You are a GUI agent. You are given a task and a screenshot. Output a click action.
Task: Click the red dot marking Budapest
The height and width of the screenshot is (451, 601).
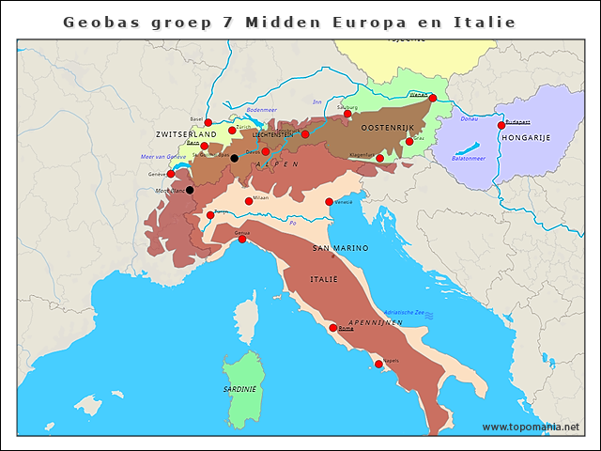point(501,125)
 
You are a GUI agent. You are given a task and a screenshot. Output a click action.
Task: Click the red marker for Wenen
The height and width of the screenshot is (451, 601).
point(432,98)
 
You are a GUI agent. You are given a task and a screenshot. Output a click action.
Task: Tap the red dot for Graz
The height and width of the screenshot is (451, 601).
point(409,142)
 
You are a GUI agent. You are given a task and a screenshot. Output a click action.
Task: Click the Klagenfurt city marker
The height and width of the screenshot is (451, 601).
point(379,158)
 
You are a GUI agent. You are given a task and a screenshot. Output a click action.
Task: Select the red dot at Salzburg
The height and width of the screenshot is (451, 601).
point(347,114)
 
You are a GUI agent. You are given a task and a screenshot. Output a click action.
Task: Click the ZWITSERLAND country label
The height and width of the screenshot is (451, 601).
point(186,134)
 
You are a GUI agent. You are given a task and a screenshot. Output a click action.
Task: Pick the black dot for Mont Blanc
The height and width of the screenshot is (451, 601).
point(190,190)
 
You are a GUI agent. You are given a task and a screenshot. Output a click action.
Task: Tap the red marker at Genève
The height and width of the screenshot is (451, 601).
point(171,174)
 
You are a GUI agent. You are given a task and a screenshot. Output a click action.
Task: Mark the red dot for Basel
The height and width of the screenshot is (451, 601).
point(208,122)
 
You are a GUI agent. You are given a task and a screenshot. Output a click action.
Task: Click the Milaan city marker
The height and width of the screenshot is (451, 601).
point(249,201)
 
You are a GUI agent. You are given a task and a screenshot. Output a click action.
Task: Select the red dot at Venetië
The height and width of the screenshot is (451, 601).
point(329,202)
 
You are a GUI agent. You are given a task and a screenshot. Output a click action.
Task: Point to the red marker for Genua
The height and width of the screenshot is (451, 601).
point(242,239)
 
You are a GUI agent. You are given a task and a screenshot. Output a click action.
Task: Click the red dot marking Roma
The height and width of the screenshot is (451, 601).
point(333,328)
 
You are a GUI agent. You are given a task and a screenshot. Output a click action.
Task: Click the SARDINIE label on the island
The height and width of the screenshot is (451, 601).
point(239,389)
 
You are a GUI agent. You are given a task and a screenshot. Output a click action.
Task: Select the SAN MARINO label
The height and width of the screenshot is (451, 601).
point(340,248)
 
